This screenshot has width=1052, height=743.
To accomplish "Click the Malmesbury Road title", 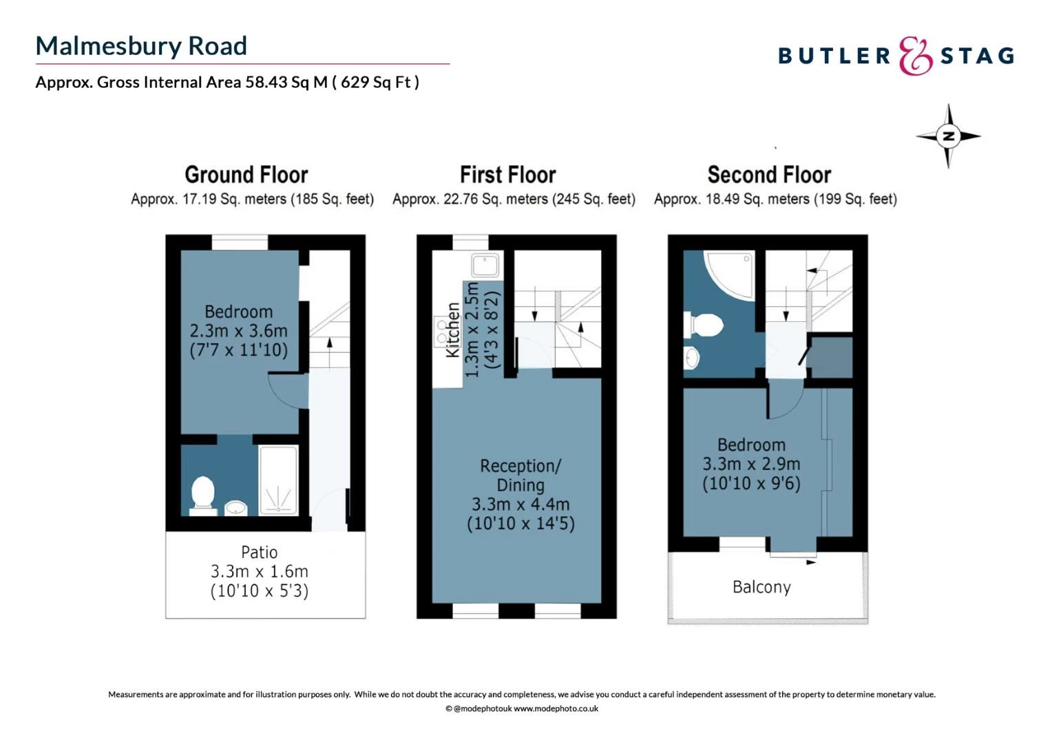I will click(141, 46).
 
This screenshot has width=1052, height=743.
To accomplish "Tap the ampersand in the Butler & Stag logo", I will click(915, 56).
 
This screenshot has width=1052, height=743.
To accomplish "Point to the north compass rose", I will click(948, 136).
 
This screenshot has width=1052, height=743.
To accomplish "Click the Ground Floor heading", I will click(246, 175).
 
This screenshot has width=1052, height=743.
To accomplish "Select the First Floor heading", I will click(507, 175).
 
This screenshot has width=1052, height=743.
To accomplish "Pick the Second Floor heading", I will click(769, 175).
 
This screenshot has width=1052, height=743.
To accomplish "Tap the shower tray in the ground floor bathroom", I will click(279, 480).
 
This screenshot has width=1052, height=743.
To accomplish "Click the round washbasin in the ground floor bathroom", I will click(236, 508).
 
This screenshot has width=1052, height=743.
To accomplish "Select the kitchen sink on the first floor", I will click(485, 265).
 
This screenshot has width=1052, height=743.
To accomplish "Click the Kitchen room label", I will click(452, 330).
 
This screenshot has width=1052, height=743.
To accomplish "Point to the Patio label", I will click(260, 552).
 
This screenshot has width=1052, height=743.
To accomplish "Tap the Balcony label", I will click(761, 587).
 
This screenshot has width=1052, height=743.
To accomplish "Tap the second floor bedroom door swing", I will click(785, 402).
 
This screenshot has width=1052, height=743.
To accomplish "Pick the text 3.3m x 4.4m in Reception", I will click(520, 504).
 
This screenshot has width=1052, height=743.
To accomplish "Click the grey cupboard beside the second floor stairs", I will click(832, 357).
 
